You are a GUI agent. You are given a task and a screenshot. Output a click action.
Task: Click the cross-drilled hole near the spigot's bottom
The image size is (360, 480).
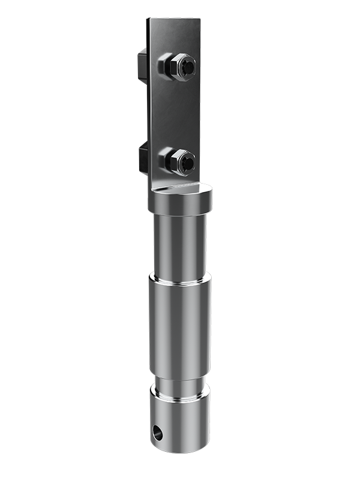(158, 431)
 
